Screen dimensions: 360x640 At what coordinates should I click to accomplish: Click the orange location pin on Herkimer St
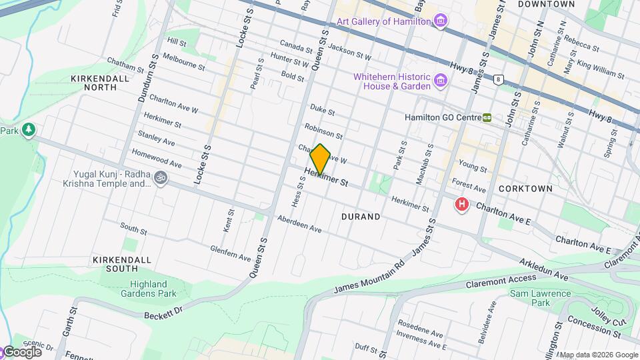(321, 159)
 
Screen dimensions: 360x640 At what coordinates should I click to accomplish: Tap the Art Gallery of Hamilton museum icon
(440, 21)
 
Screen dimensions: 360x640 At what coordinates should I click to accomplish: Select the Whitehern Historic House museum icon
(440, 81)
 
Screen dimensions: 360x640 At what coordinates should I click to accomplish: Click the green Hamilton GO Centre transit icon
(488, 117)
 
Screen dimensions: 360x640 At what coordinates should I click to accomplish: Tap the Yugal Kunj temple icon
(160, 178)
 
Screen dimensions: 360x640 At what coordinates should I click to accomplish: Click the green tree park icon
(28, 129)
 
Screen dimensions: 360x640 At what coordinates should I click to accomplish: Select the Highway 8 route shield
(497, 79)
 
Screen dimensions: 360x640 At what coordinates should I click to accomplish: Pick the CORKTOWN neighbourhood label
(529, 189)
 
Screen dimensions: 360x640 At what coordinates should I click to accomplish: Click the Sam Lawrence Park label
(540, 298)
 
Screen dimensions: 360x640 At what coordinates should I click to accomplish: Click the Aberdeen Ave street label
(299, 224)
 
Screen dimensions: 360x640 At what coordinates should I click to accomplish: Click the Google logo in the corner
(21, 351)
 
